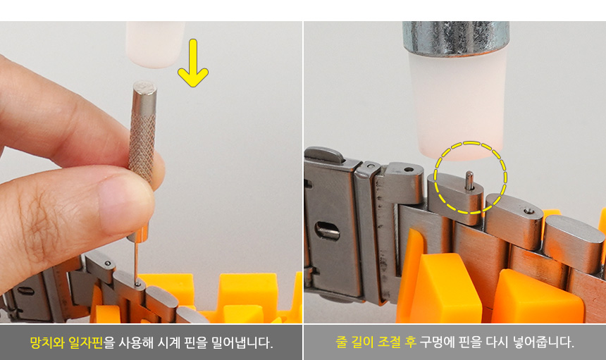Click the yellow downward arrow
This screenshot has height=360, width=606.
pos(193,63)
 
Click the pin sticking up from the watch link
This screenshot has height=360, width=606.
pos(469,180)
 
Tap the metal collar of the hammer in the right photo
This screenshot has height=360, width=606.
pos(456,37)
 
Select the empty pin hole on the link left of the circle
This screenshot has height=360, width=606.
pos(408,169)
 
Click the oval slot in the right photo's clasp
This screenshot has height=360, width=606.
pos(328,231)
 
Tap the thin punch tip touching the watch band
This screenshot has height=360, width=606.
pos(137,262)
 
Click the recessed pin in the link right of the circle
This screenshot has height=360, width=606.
pos(528,211)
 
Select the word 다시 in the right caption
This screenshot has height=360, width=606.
pos(495,342)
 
